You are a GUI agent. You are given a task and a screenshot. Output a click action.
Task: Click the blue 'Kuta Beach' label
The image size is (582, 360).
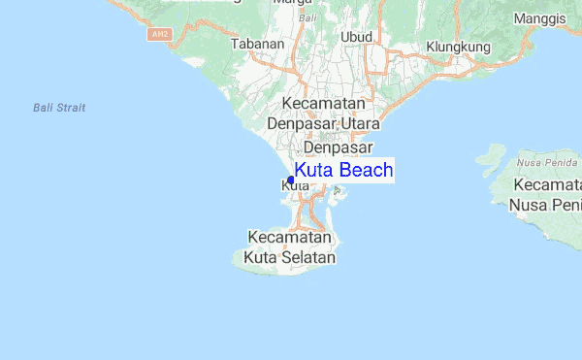(x=343, y=171)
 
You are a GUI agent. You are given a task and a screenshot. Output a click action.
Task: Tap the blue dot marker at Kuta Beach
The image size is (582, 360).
(x=290, y=180)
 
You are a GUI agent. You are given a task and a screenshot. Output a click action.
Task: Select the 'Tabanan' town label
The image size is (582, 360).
(x=257, y=44)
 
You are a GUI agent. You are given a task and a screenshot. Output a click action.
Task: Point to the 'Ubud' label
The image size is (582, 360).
(x=357, y=37)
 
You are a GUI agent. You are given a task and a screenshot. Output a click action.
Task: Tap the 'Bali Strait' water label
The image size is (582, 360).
(x=58, y=108)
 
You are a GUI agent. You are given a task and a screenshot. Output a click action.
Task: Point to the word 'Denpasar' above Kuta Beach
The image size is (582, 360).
(x=338, y=147)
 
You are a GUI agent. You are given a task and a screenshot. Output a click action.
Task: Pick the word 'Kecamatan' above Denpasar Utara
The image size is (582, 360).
(x=323, y=103)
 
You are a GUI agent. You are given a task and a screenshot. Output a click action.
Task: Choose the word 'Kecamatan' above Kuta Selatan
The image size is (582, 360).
(x=290, y=237)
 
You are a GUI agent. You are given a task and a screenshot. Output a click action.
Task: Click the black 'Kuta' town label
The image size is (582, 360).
(x=283, y=185)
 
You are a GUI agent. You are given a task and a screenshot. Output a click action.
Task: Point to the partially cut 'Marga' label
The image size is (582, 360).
(x=313, y=3)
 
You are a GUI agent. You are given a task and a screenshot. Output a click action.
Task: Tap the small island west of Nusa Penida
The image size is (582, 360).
(x=491, y=154)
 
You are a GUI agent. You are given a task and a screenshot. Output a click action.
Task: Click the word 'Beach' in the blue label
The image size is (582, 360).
(x=367, y=171)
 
